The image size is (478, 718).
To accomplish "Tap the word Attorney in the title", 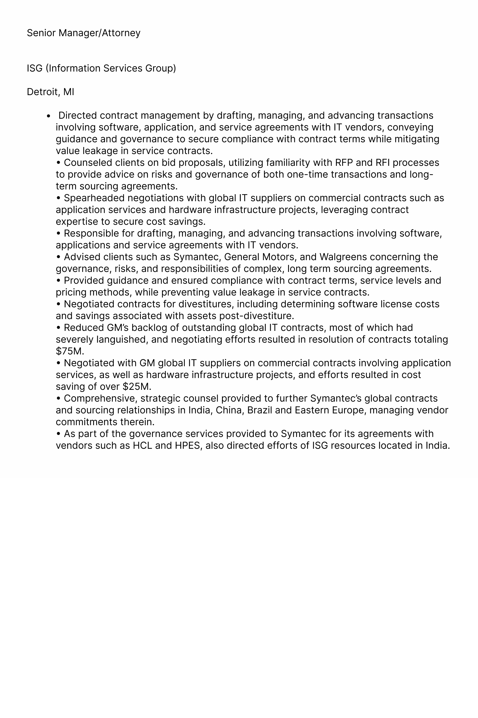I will (x=121, y=33).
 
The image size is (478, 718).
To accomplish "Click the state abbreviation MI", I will (x=69, y=92).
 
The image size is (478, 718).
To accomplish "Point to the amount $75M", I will (x=70, y=351).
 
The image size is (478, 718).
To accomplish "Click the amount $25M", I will (x=137, y=386).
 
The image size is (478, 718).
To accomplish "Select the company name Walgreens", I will (x=343, y=257).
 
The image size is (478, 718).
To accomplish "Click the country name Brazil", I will (x=259, y=410).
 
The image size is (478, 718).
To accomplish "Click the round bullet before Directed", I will (x=48, y=116).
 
